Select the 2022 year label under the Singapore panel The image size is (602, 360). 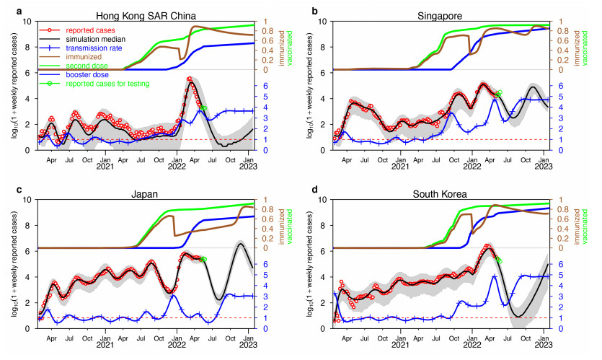(472, 166)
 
